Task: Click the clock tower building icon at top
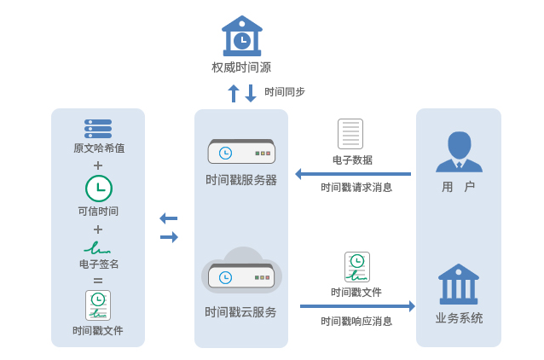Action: tap(242, 36)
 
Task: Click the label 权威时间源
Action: tap(241, 67)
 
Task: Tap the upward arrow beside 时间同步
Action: tap(234, 93)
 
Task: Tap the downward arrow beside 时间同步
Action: tap(251, 93)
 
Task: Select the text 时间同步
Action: tap(285, 92)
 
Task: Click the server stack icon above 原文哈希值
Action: tap(98, 129)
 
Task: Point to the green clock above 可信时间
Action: tap(99, 188)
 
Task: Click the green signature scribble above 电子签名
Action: tap(97, 248)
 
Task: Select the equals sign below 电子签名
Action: tap(98, 280)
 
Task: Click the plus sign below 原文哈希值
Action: tap(98, 165)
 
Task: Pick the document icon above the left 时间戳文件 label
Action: tap(98, 305)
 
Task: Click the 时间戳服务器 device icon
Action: tap(241, 152)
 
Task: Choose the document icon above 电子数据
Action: tap(350, 134)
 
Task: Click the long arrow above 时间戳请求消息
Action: tap(353, 174)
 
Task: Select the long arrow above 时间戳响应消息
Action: tap(357, 306)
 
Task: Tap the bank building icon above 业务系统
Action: tap(459, 284)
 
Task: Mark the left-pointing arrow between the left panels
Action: tap(169, 218)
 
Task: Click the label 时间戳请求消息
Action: tap(356, 188)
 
